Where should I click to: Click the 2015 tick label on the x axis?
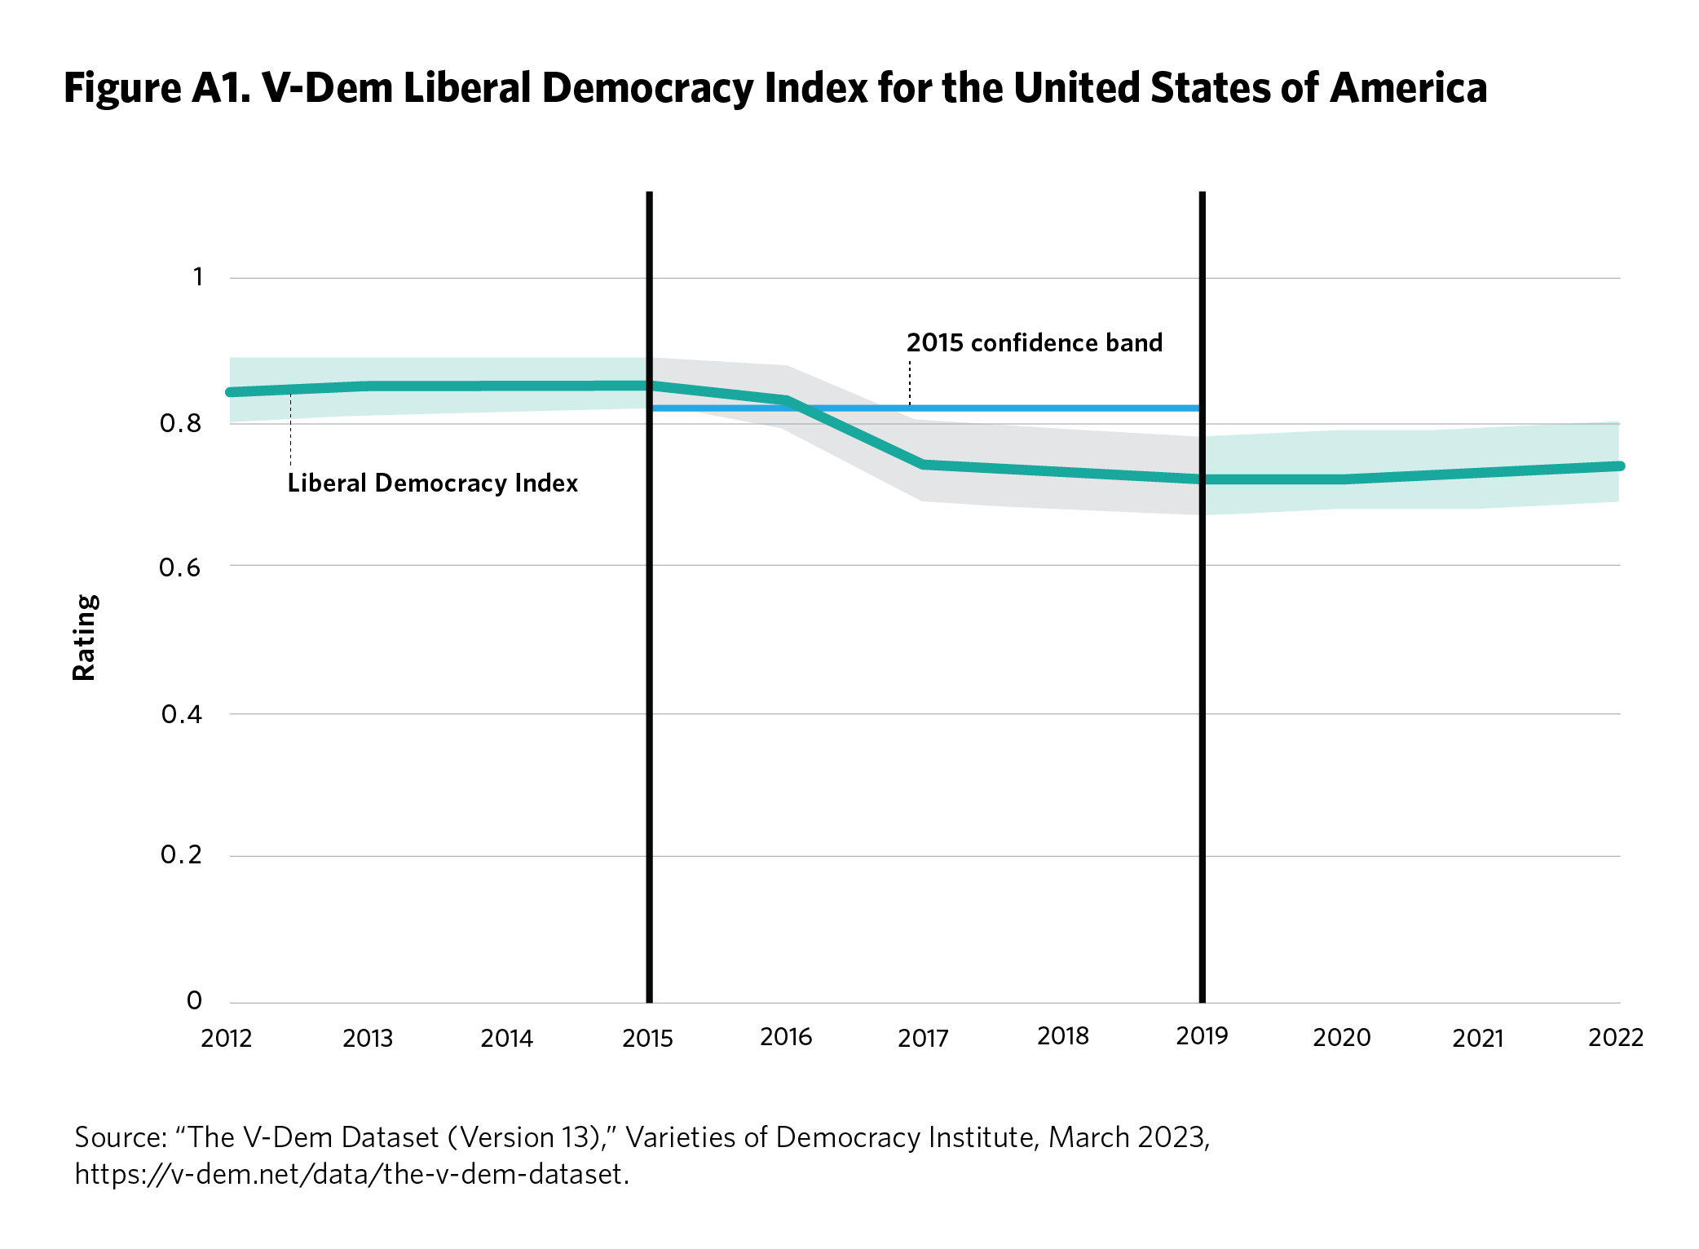tap(647, 1038)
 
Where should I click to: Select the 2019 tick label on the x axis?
tap(1202, 1035)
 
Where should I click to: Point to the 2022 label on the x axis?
tap(1615, 1037)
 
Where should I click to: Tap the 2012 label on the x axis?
tap(227, 1038)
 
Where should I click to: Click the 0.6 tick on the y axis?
tap(180, 567)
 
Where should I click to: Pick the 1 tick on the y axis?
tap(197, 277)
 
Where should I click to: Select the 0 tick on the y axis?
tap(194, 1000)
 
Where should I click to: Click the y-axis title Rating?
tap(84, 637)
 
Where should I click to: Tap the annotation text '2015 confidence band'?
tap(1034, 342)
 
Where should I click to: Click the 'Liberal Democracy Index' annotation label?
tap(432, 483)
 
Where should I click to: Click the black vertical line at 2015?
tap(650, 734)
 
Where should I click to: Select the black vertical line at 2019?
tap(1203, 734)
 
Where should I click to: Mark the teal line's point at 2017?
tap(924, 465)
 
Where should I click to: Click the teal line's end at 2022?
tap(1619, 466)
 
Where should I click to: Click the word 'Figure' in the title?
tap(122, 88)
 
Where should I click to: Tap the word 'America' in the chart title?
tap(1408, 88)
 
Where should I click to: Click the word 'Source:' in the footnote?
tap(120, 1137)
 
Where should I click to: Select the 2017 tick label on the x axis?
tap(923, 1038)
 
